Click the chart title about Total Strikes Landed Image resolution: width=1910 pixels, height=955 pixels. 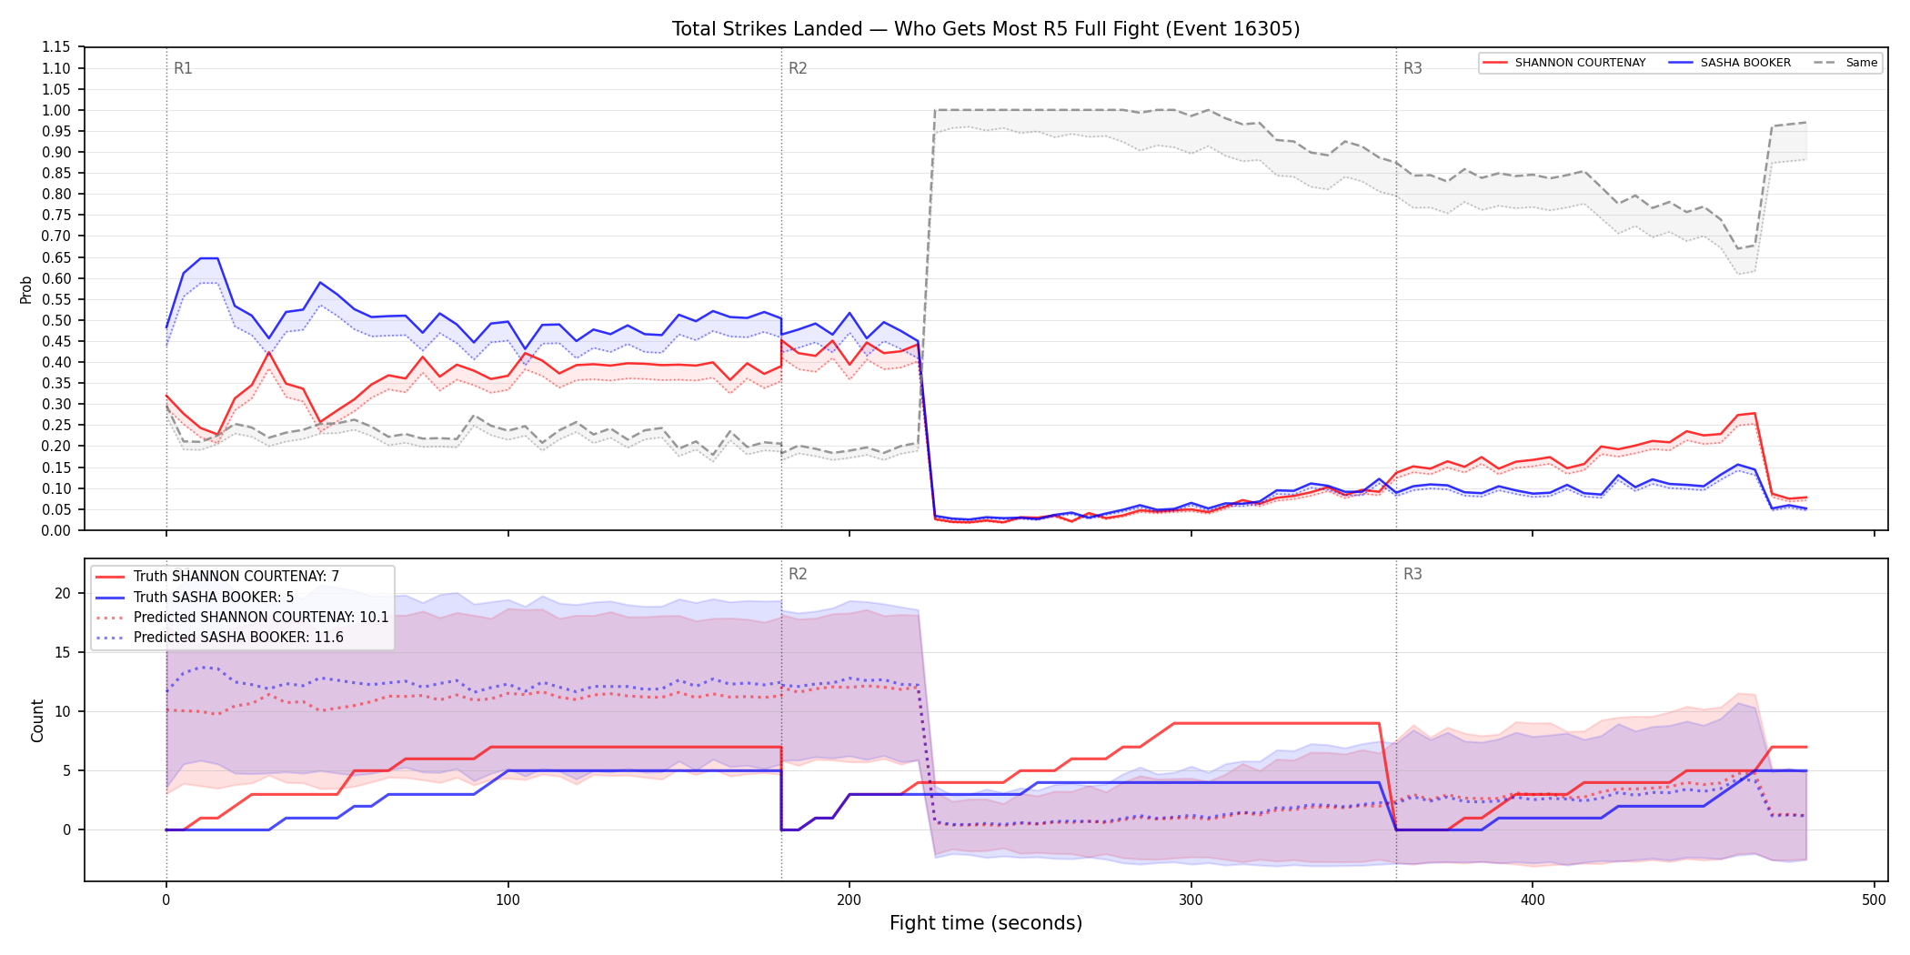click(x=986, y=29)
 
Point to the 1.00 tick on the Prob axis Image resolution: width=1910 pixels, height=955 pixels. click(x=56, y=110)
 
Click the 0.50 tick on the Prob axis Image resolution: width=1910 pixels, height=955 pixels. click(x=56, y=320)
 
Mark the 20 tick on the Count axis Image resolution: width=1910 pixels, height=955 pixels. click(x=63, y=593)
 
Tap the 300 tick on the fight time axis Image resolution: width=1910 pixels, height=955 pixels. click(x=1191, y=900)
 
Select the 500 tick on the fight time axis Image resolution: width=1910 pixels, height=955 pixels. click(x=1874, y=900)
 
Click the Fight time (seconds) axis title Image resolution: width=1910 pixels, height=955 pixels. click(x=986, y=923)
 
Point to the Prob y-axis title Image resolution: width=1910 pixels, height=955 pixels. click(x=26, y=289)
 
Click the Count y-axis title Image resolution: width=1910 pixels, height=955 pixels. click(x=37, y=720)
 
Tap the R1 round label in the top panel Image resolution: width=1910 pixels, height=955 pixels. click(x=183, y=68)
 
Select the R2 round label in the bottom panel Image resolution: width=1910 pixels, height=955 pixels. click(x=798, y=574)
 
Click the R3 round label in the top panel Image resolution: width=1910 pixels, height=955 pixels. click(x=1412, y=68)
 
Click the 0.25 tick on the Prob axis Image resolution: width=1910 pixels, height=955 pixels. click(x=56, y=425)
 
